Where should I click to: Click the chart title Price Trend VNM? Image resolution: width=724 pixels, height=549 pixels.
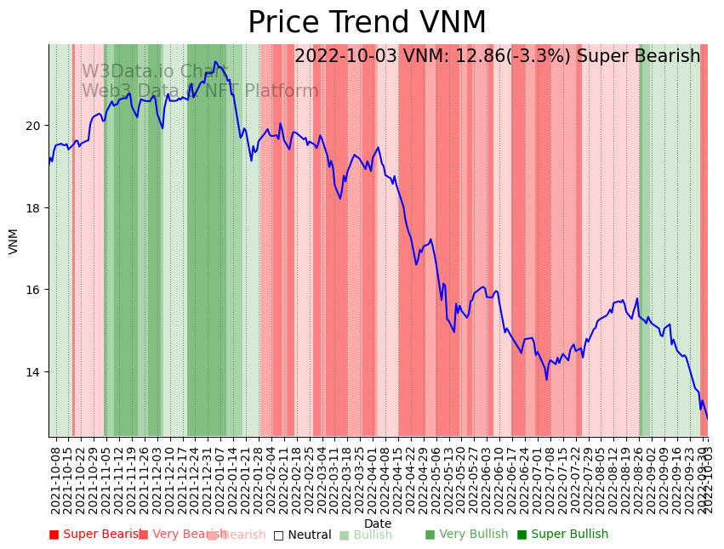tap(367, 23)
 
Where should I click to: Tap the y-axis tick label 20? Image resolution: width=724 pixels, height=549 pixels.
tap(33, 126)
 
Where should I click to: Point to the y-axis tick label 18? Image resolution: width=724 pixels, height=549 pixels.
tap(33, 208)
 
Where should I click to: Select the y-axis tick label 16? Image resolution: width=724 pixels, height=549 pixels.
tap(33, 290)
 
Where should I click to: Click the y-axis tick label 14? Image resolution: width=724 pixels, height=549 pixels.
tap(33, 372)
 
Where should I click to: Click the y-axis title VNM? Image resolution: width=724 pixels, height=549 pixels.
tap(14, 241)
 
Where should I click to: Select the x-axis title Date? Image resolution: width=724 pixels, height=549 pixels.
tap(378, 524)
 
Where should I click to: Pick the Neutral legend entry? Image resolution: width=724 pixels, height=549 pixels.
tap(302, 535)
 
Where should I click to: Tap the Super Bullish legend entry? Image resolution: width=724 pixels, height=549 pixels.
tap(562, 535)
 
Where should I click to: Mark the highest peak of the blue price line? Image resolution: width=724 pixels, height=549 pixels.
tap(215, 62)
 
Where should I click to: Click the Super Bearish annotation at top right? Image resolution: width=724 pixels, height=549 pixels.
tap(497, 57)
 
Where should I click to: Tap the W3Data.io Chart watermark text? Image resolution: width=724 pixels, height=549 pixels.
tap(154, 72)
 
